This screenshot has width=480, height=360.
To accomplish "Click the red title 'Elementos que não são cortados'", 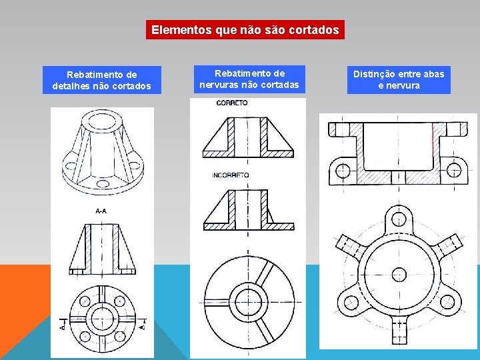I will click(x=245, y=30).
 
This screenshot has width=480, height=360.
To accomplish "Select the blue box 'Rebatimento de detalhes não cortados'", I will click(x=101, y=80).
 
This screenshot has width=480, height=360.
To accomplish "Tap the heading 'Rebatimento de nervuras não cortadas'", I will click(x=249, y=79).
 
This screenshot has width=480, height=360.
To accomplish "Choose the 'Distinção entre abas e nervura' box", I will click(x=399, y=79).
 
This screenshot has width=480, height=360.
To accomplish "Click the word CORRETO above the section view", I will click(x=232, y=103).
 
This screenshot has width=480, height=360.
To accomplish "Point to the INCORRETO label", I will click(x=230, y=175).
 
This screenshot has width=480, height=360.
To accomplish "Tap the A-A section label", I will click(x=102, y=211).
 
